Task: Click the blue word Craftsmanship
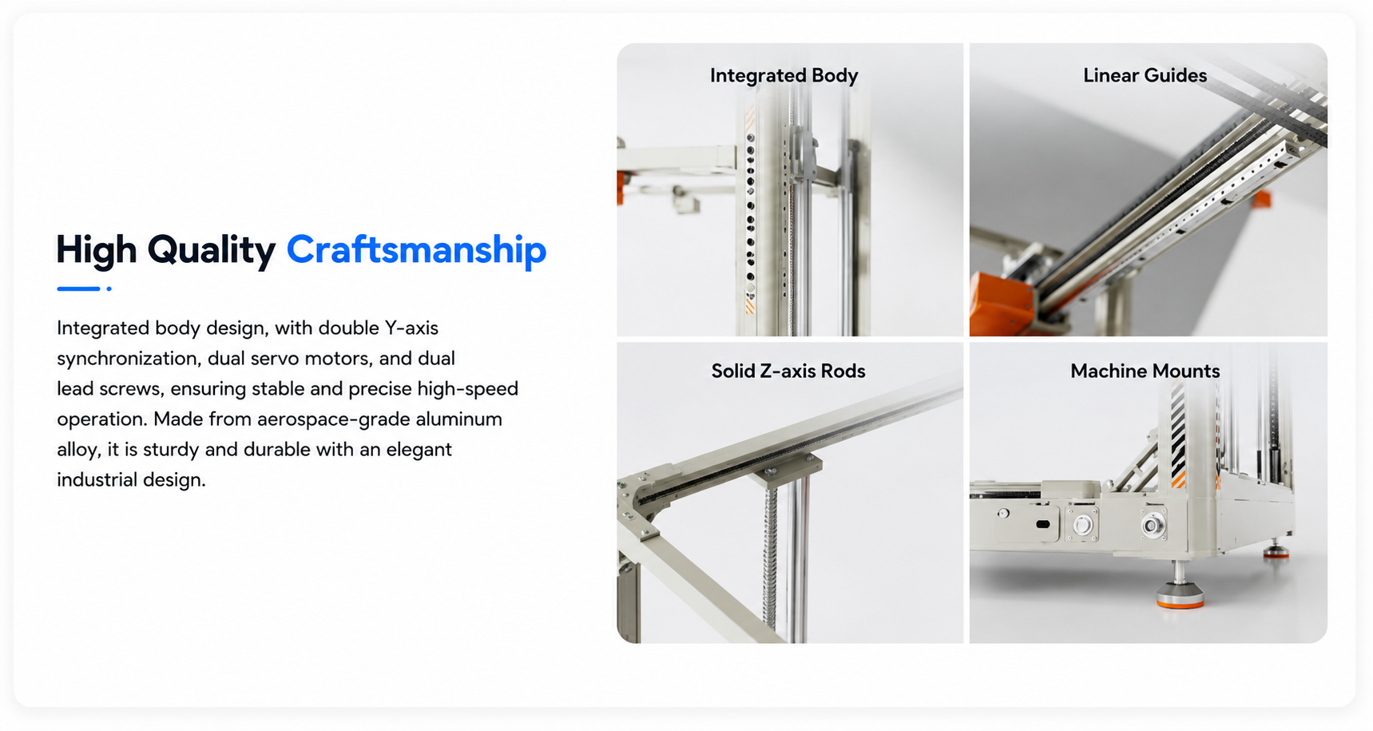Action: pyautogui.click(x=416, y=250)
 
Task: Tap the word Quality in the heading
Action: pyautogui.click(x=212, y=250)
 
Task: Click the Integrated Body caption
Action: pyautogui.click(x=784, y=76)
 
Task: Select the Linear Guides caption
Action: pyautogui.click(x=1145, y=75)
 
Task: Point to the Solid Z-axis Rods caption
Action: pyautogui.click(x=788, y=371)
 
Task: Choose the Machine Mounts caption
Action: pyautogui.click(x=1145, y=371)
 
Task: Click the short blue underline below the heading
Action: pyautogui.click(x=78, y=288)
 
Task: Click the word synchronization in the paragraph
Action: pyautogui.click(x=129, y=359)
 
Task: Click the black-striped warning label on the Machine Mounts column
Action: pyautogui.click(x=1177, y=435)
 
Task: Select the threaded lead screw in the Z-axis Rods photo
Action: pyautogui.click(x=770, y=559)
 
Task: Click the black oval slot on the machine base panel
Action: pyautogui.click(x=1042, y=525)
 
